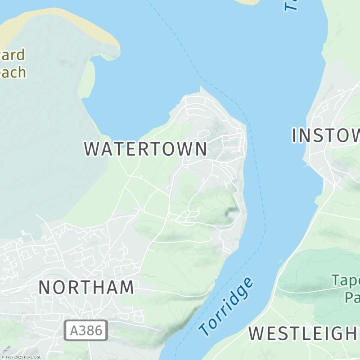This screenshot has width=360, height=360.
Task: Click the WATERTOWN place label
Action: point(146,149)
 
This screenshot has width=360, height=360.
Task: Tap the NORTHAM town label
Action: point(86,287)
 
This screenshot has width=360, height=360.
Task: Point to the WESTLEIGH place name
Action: point(303,333)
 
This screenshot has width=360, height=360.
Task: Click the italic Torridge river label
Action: point(226,307)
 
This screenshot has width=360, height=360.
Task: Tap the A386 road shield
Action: point(86,330)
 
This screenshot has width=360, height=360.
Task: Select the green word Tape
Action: point(346,281)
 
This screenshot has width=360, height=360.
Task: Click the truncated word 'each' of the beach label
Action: point(13,72)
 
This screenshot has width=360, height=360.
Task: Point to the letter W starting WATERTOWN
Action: point(92,149)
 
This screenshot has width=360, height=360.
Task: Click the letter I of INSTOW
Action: point(295,135)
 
